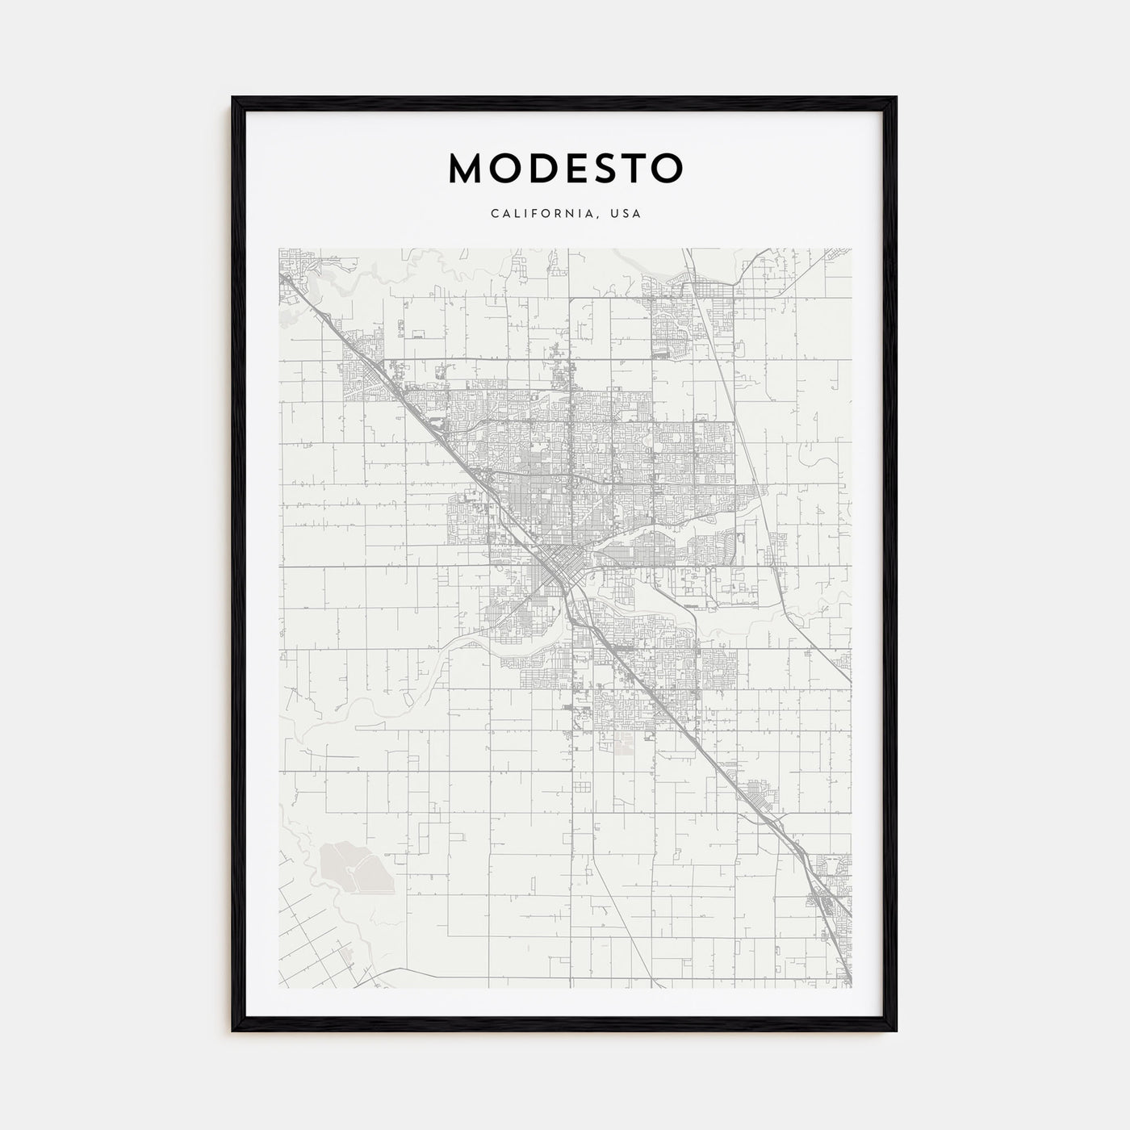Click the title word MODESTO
pyautogui.click(x=565, y=168)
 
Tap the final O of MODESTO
pyautogui.click(x=668, y=168)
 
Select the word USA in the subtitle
pyautogui.click(x=626, y=214)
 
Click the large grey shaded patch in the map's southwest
pyautogui.click(x=353, y=865)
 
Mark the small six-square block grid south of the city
pyautogui.click(x=583, y=788)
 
